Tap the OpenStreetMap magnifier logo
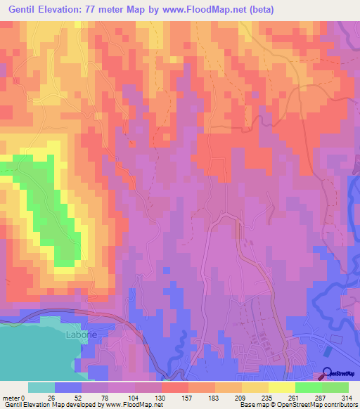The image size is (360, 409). [x=328, y=375]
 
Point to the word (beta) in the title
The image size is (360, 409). [x=258, y=10]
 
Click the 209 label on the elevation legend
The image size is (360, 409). [x=236, y=398]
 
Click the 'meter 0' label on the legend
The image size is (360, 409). [x=15, y=398]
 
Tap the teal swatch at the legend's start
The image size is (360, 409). [x=41, y=387]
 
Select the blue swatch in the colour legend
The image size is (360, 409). [x=68, y=387]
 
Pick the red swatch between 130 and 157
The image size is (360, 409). [x=175, y=387]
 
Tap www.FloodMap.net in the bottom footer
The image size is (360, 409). [x=133, y=405]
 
